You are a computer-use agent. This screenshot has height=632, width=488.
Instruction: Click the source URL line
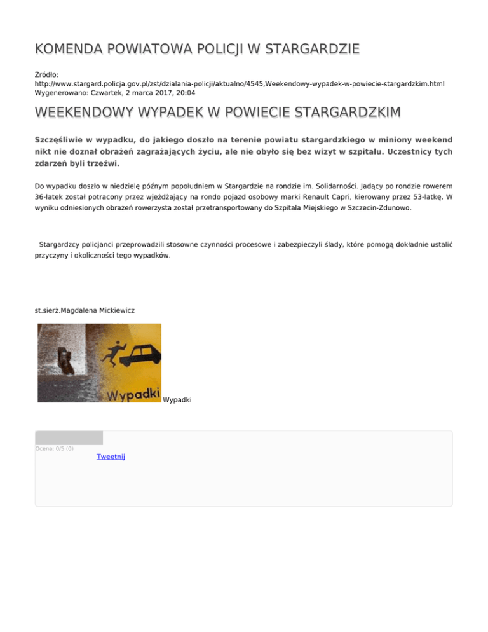[x=240, y=83]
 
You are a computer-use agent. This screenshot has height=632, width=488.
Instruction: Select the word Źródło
[x=47, y=74]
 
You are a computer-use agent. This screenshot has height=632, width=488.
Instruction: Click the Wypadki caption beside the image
[x=177, y=399]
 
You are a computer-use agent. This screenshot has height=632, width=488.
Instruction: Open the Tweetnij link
[x=111, y=457]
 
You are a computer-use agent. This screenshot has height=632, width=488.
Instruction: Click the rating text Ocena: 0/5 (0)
[x=54, y=448]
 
